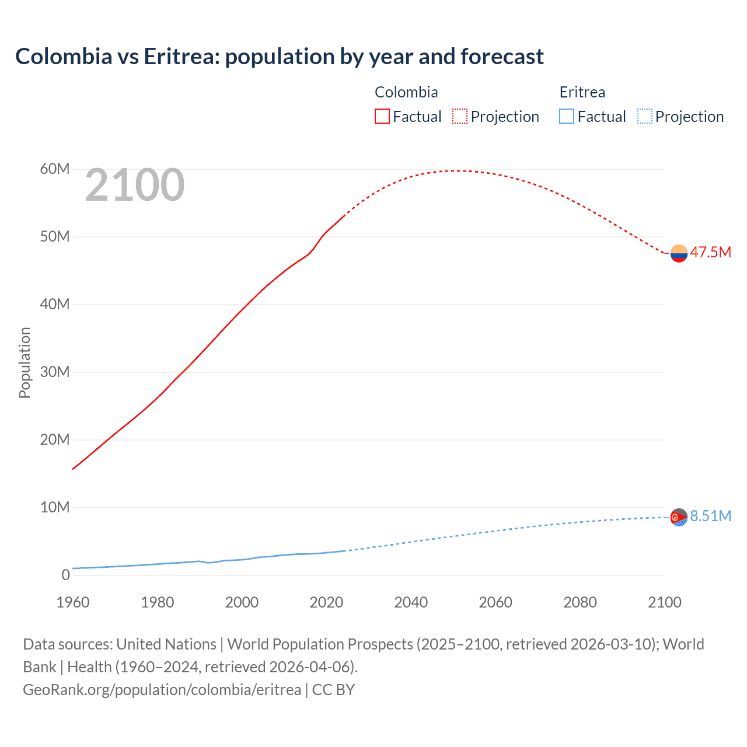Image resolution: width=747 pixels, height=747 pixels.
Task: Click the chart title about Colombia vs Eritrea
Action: (280, 57)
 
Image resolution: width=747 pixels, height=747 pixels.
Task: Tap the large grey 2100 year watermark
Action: (135, 186)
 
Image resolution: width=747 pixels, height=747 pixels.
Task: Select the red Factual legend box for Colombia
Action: (382, 116)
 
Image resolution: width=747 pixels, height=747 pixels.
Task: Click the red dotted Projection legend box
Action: (460, 116)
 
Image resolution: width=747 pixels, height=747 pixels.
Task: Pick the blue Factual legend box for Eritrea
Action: (567, 116)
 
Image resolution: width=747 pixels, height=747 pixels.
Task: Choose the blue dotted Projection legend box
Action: (644, 116)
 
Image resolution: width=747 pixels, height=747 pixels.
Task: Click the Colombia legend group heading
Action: (406, 92)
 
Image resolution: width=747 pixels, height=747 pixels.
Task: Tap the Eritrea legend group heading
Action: (582, 92)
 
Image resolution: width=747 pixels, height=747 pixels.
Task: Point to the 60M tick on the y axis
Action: (55, 169)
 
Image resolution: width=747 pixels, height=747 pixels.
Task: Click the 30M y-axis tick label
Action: (55, 372)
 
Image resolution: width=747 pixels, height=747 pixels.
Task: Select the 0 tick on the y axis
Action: (65, 575)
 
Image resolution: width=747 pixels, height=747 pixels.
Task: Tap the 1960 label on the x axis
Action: (73, 602)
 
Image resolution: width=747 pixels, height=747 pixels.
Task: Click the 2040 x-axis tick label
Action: (411, 602)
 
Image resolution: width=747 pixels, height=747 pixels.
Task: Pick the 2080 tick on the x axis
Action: (580, 602)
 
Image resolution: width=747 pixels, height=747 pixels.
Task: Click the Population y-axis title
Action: (25, 362)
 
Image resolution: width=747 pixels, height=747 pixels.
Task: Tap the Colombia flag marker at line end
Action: (679, 253)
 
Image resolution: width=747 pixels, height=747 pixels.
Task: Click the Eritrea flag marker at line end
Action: (679, 517)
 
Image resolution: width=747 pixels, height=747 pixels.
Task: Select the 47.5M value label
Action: (710, 253)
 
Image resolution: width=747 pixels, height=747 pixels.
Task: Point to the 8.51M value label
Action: (710, 516)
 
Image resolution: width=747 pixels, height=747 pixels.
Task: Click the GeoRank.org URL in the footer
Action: (162, 690)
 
